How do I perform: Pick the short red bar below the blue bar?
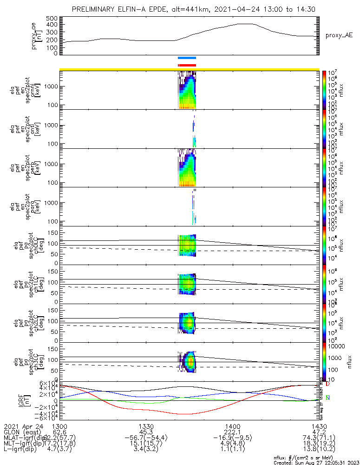187,66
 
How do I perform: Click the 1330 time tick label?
146,426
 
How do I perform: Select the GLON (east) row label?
22,433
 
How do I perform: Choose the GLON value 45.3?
146,433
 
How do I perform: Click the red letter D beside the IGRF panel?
327,384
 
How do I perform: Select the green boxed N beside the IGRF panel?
327,398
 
